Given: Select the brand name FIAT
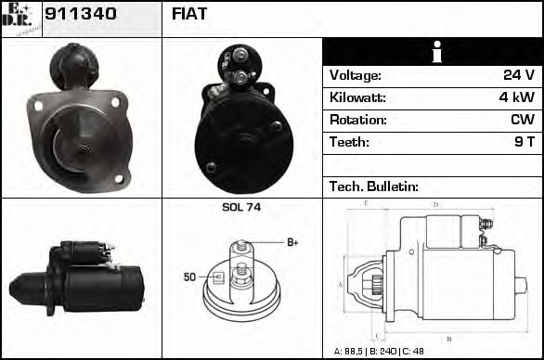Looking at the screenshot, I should tap(189, 14).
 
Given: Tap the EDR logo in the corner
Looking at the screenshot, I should tap(20, 18).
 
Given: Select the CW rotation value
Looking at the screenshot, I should tap(522, 120).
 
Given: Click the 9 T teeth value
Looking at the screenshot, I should tap(525, 142).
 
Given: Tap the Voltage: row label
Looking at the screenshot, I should tap(355, 75).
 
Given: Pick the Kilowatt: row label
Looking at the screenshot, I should tap(358, 97).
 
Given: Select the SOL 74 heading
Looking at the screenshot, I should tap(241, 207).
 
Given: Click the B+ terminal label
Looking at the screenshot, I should tap(291, 242).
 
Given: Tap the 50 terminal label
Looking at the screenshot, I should tap(189, 276).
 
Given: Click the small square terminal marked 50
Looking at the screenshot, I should tap(219, 276).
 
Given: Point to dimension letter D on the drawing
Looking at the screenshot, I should tap(435, 204).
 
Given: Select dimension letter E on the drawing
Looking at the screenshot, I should tap(367, 202).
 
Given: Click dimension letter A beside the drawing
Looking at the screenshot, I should tap(340, 284).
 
